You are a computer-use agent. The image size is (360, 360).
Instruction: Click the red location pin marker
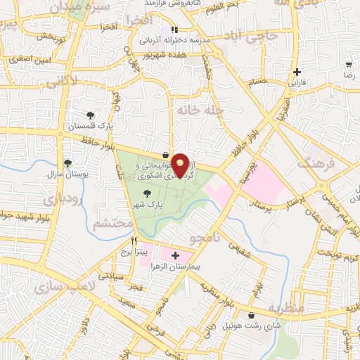click(181, 164)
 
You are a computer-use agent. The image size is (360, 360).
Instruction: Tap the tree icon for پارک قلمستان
click(89, 115)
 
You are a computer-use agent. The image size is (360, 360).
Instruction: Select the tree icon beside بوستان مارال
click(67, 163)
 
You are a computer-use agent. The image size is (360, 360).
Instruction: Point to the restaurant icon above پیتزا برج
click(124, 240)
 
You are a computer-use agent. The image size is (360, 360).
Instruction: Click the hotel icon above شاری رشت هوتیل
click(252, 314)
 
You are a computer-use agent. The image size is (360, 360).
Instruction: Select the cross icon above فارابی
click(297, 71)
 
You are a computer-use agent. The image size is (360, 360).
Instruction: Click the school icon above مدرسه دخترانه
click(174, 30)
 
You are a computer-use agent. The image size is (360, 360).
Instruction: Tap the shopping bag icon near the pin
click(165, 155)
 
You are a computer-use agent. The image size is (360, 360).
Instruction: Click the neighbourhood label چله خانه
click(200, 110)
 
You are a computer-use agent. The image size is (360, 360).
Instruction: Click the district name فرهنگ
click(312, 164)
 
